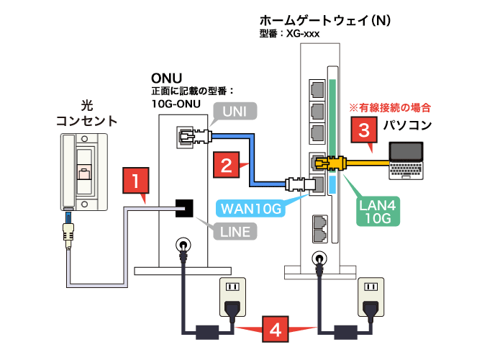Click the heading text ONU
click(x=166, y=78)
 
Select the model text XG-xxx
click(x=299, y=34)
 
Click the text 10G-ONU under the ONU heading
click(x=173, y=103)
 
